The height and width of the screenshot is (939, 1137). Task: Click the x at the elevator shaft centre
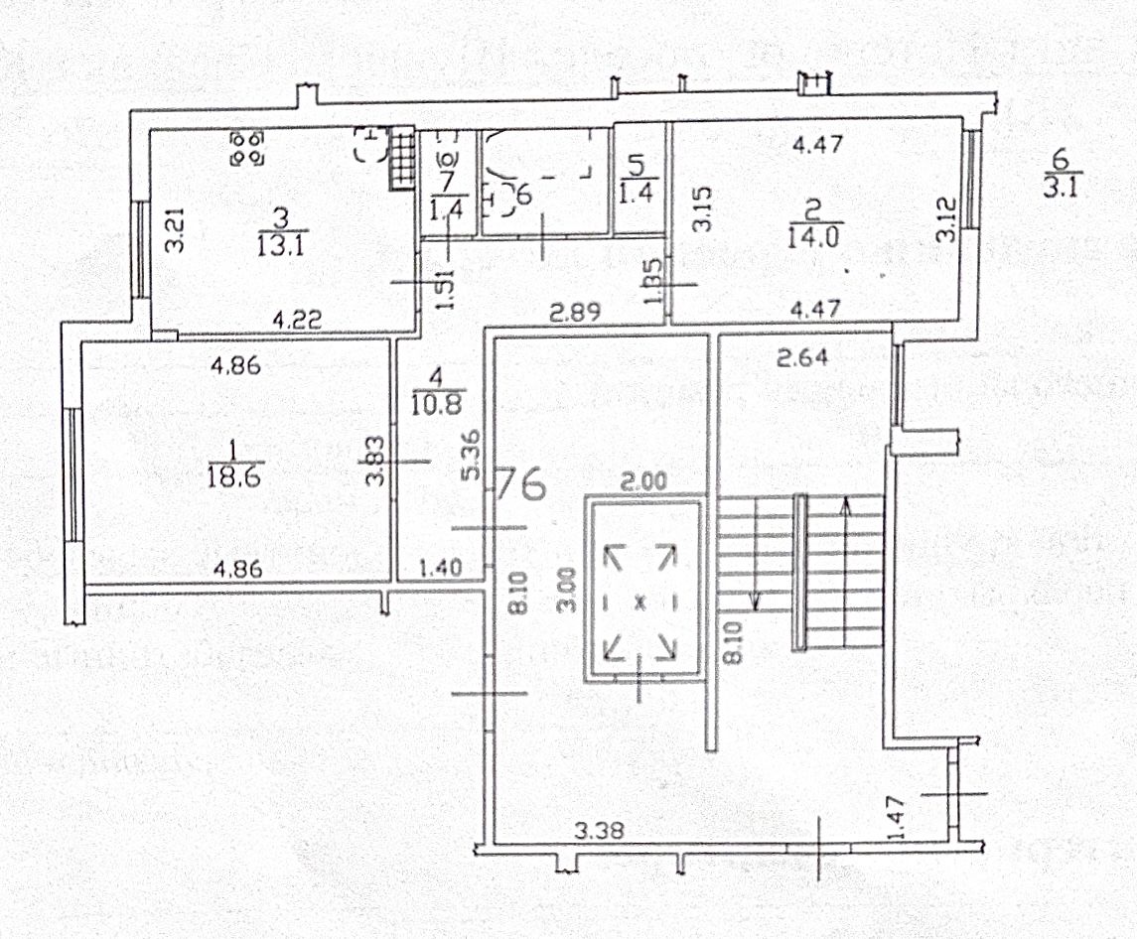(x=641, y=602)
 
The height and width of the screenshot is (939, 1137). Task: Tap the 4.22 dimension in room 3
(x=297, y=321)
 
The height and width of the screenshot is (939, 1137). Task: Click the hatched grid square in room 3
(x=400, y=157)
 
